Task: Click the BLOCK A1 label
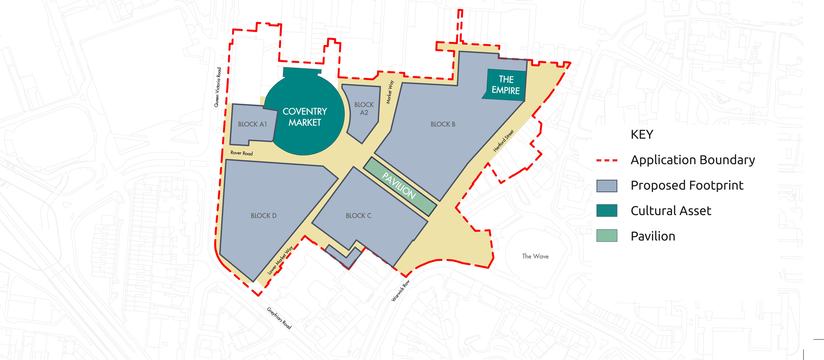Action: [252, 124]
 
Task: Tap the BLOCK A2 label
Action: [364, 109]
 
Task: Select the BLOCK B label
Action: [443, 124]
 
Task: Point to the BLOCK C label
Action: [359, 216]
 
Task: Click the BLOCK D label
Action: [264, 216]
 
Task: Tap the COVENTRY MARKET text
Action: [304, 117]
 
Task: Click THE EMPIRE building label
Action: [506, 85]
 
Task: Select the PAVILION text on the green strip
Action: [399, 186]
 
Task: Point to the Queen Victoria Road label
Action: [218, 87]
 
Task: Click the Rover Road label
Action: [241, 153]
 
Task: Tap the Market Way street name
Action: [390, 92]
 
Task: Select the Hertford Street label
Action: [503, 141]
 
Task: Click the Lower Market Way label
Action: [280, 260]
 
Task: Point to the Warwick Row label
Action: [400, 291]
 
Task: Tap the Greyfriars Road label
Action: [279, 318]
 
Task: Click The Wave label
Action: [535, 256]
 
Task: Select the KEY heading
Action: [642, 134]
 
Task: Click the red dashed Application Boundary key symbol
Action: [607, 160]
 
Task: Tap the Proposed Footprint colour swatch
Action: [607, 186]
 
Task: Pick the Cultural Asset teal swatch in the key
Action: [607, 211]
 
